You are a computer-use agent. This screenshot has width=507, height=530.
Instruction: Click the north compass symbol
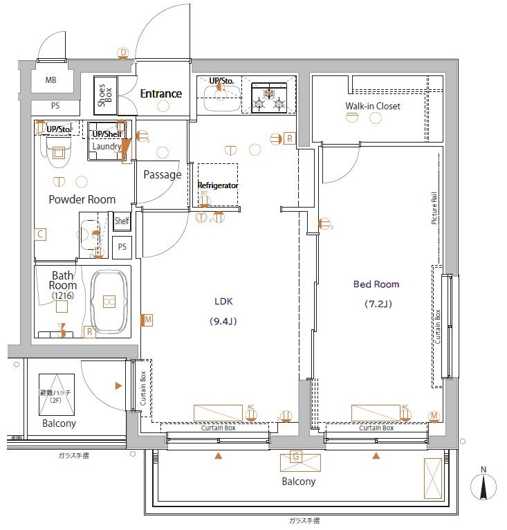click(483, 486)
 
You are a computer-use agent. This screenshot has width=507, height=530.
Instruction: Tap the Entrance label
click(160, 93)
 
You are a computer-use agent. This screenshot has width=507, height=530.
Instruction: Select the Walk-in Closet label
click(373, 106)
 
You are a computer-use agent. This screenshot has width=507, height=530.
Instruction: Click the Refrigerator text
click(218, 185)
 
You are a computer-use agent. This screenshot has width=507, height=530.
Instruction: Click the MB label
click(51, 80)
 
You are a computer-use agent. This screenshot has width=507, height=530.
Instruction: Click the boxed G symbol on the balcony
click(295, 457)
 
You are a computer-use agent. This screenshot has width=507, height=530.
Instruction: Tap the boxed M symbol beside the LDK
click(147, 320)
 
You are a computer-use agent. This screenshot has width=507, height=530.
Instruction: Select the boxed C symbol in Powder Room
click(41, 235)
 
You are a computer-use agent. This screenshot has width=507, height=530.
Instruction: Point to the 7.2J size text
click(378, 304)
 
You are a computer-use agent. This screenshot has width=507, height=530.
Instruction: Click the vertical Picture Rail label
click(434, 207)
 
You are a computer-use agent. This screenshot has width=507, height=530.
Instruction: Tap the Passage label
click(162, 174)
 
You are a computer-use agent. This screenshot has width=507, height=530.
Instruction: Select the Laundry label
click(107, 146)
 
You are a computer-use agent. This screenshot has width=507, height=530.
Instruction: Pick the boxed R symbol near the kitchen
click(289, 138)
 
